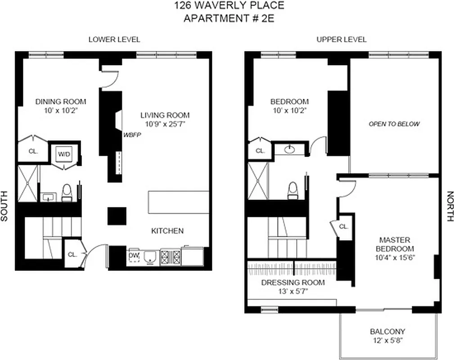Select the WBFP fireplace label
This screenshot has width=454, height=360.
coord(130,134)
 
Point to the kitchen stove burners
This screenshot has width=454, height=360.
coord(171,258)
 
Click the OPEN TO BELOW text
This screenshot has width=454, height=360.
coord(394,124)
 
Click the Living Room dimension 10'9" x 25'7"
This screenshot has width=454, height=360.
coord(165,124)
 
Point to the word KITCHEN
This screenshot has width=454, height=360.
coord(167,231)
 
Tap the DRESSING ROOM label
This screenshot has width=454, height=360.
coord(293,283)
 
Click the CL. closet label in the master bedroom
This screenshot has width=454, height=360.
coord(343,227)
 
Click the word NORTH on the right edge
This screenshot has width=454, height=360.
coord(449,207)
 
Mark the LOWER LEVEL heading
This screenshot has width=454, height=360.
coord(114,40)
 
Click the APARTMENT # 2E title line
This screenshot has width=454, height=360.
coord(229,18)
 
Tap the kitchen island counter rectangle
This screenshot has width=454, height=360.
coord(179,202)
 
